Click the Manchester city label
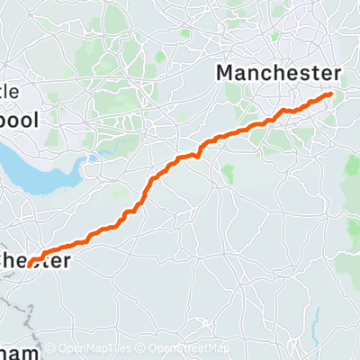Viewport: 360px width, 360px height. point(280,73)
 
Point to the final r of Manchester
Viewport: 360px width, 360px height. point(336,73)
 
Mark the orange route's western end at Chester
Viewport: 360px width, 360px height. point(31,262)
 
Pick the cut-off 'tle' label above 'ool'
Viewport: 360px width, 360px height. point(15,93)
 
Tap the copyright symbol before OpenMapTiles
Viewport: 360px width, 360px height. point(50,348)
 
